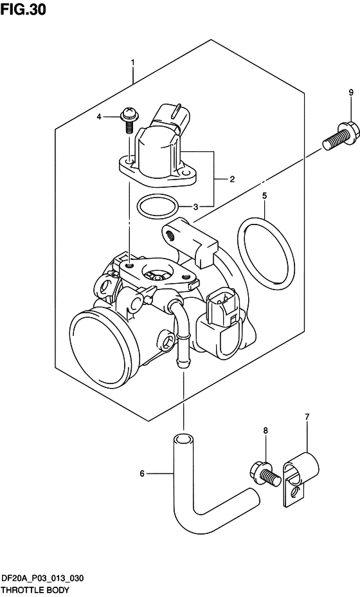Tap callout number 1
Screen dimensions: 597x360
tap(132, 62)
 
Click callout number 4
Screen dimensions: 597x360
tap(117, 116)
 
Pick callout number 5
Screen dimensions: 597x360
tap(264, 195)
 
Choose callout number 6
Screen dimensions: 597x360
tap(142, 475)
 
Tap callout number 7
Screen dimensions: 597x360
tap(307, 417)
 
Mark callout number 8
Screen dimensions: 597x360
tap(264, 430)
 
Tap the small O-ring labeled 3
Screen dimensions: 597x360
tap(157, 207)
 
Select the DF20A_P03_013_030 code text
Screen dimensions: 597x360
tap(43, 579)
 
